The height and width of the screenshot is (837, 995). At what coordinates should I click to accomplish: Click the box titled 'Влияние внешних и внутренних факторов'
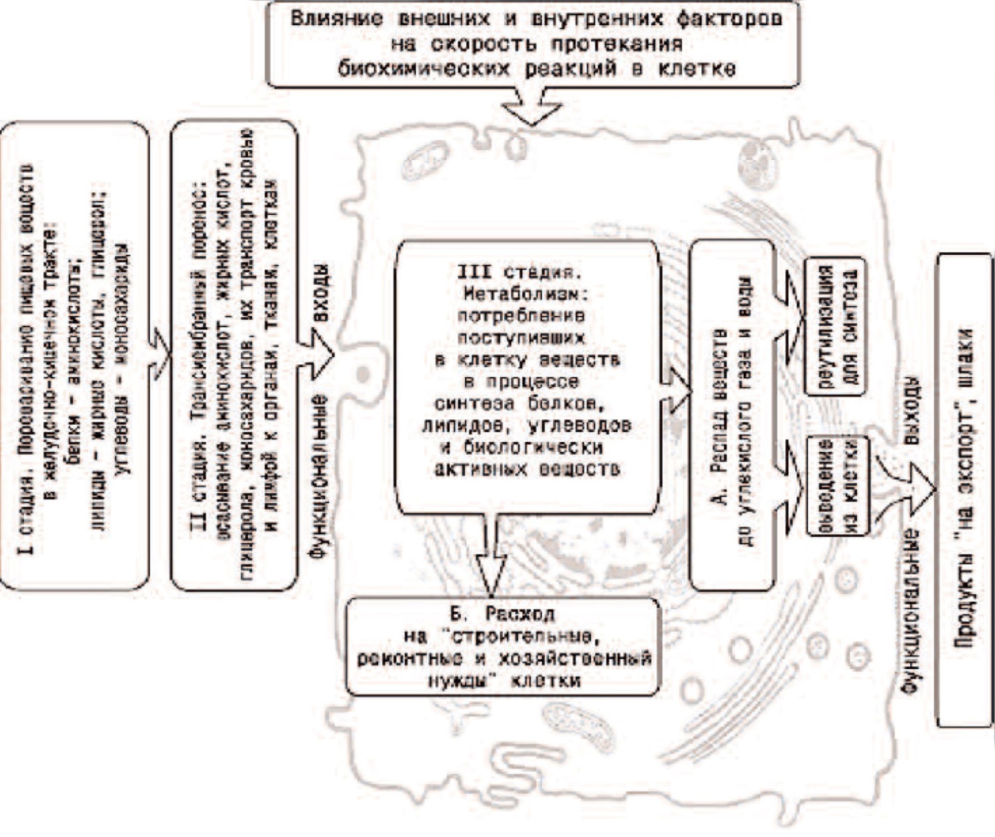pyautogui.click(x=533, y=43)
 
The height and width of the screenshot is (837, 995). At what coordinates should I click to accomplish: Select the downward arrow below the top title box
pyautogui.click(x=533, y=108)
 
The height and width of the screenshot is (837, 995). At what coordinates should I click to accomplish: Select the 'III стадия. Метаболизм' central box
pyautogui.click(x=526, y=376)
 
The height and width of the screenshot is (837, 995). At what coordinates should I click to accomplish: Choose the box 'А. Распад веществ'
pyautogui.click(x=731, y=414)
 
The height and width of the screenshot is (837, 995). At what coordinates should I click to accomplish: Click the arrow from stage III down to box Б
pyautogui.click(x=492, y=557)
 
